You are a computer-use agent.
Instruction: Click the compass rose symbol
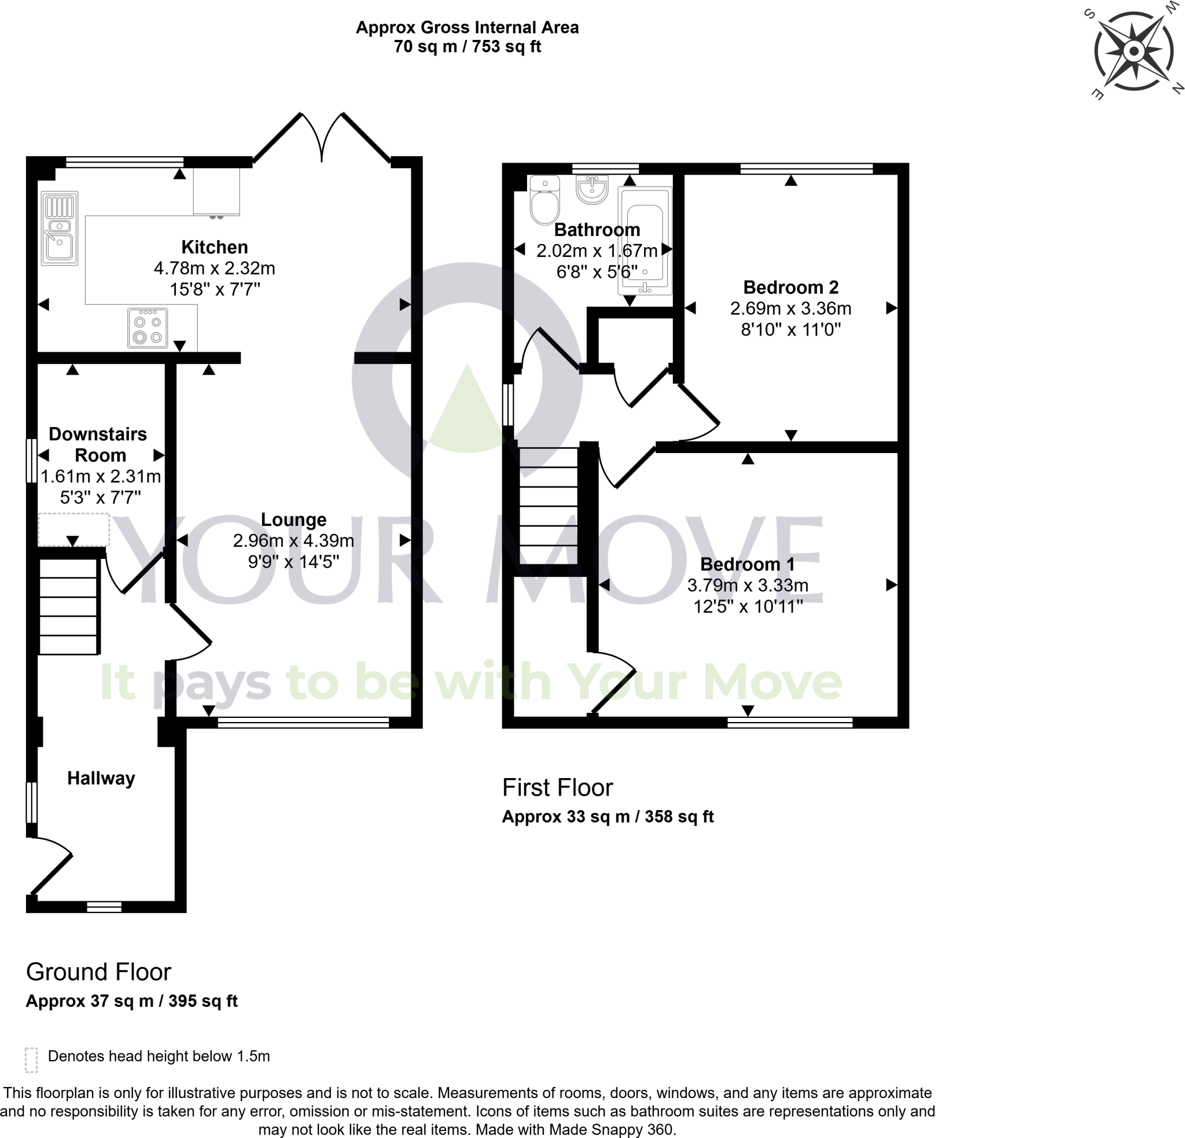[x=1134, y=51]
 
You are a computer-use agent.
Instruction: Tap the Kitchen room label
[x=215, y=247]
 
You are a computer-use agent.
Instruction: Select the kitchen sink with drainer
[x=59, y=229]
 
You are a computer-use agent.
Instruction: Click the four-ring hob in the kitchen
[x=148, y=329]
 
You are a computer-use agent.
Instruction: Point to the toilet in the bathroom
[x=544, y=200]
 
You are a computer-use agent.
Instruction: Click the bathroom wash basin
[x=592, y=189]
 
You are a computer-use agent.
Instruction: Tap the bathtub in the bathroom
[x=645, y=241]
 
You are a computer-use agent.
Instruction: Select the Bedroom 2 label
[x=790, y=287]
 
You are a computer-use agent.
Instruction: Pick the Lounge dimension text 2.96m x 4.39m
[x=293, y=540]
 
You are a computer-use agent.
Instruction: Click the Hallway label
[x=101, y=778]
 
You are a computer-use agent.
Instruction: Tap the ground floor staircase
[x=68, y=606]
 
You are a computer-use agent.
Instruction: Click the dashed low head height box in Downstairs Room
[x=73, y=530]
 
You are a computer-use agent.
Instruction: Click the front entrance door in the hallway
[x=51, y=866]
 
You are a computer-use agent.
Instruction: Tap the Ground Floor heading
[x=98, y=973]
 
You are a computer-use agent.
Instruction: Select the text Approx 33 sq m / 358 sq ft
[x=608, y=817]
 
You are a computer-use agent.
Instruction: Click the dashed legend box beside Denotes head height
[x=31, y=1060]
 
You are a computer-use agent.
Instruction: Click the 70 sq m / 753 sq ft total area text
[x=467, y=46]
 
